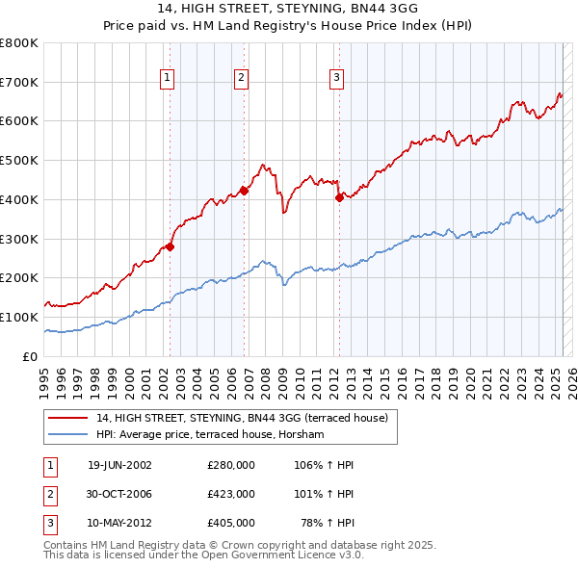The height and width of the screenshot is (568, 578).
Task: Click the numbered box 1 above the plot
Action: coord(168,78)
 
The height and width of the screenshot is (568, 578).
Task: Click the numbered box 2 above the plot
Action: coord(241,78)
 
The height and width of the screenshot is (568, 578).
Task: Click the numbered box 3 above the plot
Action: coord(336,78)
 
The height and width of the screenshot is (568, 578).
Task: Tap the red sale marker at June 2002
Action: coord(170,246)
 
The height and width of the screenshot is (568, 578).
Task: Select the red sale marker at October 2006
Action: coord(245,191)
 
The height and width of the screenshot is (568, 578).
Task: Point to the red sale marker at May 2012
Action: coord(339,197)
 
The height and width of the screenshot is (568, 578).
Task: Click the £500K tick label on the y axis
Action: coord(19,161)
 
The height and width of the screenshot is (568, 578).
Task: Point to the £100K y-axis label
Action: coord(19,317)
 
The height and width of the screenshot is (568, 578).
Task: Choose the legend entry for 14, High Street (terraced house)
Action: coord(241,418)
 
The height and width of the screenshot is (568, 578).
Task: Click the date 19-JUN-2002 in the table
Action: coord(119,465)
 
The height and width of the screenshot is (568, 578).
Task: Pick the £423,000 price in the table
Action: coord(231,494)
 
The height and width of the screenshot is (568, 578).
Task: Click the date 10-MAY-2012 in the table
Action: coord(119,523)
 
